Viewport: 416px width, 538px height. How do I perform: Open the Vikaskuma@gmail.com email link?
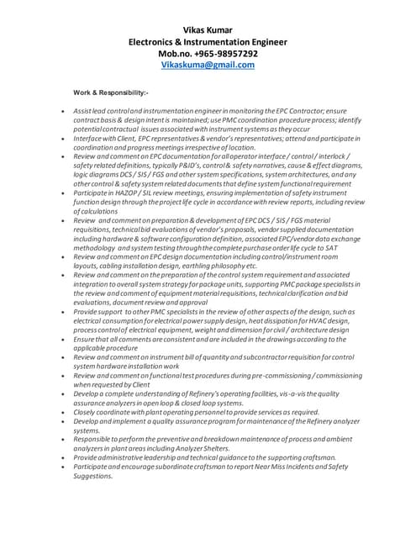pyautogui.click(x=208, y=65)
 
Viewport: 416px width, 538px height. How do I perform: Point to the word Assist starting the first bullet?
pyautogui.click(x=82, y=111)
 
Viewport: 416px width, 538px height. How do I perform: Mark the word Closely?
pyautogui.click(x=86, y=412)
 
